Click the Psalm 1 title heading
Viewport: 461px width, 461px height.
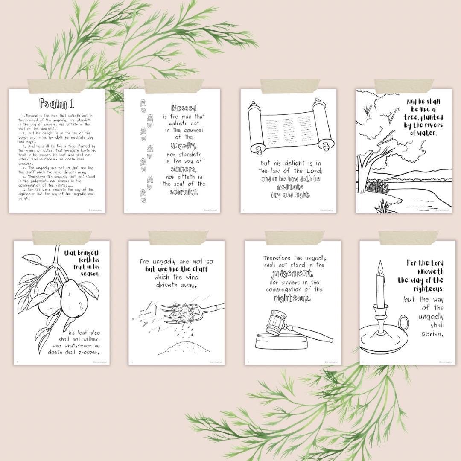click(57, 103)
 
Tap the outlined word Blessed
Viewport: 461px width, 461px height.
click(184, 108)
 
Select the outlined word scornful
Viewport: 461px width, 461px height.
click(184, 192)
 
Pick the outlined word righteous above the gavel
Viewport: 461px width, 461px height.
click(293, 298)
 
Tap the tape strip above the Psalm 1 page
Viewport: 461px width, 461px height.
click(57, 86)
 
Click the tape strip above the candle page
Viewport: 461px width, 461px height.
click(408, 237)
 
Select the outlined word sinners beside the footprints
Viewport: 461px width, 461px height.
click(184, 169)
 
